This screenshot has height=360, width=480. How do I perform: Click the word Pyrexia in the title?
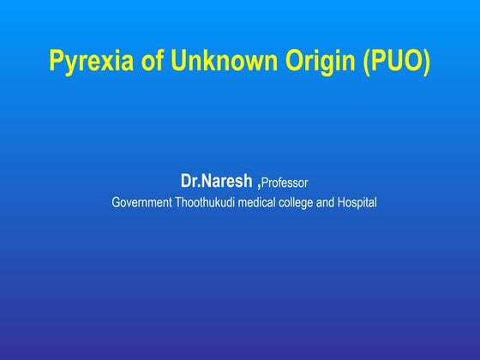[x=85, y=63]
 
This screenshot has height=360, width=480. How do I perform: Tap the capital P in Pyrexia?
[x=57, y=62]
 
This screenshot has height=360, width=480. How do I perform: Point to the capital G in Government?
[x=117, y=203]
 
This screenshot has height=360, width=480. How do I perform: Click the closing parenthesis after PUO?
[x=425, y=63]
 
